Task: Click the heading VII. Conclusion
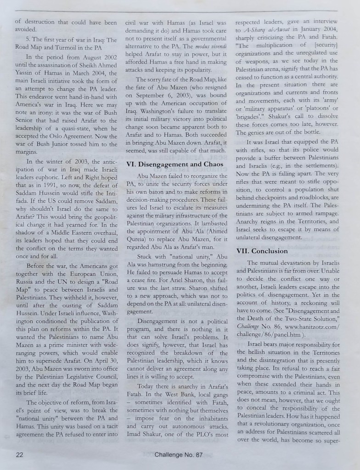click(262, 251)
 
